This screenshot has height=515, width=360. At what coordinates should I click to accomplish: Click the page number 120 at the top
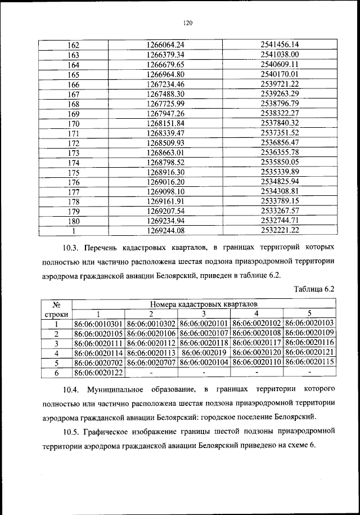click(x=188, y=23)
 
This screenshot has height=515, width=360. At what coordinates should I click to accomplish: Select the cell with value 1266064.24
click(x=165, y=44)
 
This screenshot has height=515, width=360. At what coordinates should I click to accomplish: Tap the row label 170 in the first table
click(x=73, y=123)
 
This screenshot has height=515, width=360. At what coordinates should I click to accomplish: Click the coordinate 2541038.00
click(x=279, y=55)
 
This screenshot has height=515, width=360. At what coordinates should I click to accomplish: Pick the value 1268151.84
click(x=165, y=123)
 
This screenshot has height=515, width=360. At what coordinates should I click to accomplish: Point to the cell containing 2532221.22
click(x=279, y=230)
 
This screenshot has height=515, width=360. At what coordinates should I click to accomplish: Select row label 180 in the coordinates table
click(x=73, y=221)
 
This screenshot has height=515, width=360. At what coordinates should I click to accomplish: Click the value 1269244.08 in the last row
click(x=165, y=230)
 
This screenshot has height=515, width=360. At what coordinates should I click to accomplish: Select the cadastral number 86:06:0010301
click(x=98, y=324)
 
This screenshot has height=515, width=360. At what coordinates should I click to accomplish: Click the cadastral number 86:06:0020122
click(x=98, y=373)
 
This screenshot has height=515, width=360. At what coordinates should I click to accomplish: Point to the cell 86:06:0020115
click(x=309, y=363)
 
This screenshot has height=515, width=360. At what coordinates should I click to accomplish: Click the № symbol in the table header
click(x=56, y=304)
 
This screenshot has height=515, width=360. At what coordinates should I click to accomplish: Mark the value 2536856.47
click(x=279, y=142)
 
